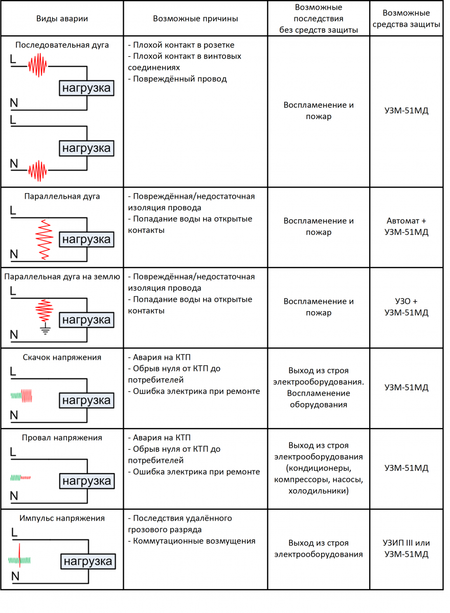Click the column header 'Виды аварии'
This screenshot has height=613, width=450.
tap(62, 18)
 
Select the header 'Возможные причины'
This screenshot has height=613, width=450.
tap(195, 18)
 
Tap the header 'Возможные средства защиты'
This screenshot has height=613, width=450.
tap(406, 18)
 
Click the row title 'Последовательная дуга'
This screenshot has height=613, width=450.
tap(62, 45)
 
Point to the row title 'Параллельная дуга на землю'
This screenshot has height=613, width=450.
tap(62, 277)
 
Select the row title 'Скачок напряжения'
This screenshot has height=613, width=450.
tap(62, 358)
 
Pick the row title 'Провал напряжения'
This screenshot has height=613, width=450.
tap(62, 438)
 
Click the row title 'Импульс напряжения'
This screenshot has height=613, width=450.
tap(62, 518)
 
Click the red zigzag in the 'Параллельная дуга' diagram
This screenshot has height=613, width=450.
tap(44, 240)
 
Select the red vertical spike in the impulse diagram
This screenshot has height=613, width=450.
tap(19, 555)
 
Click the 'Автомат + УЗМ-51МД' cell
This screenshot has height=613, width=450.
tap(406, 226)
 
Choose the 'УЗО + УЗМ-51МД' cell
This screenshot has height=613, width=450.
tap(406, 307)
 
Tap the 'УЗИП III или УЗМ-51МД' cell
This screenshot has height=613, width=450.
tap(406, 549)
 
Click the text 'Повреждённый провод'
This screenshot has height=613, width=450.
tap(179, 79)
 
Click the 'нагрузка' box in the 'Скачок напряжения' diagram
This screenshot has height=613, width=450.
tap(86, 400)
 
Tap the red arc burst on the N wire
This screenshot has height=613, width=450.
tap(37, 171)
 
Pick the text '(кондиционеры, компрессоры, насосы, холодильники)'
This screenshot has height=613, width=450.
tap(319, 480)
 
